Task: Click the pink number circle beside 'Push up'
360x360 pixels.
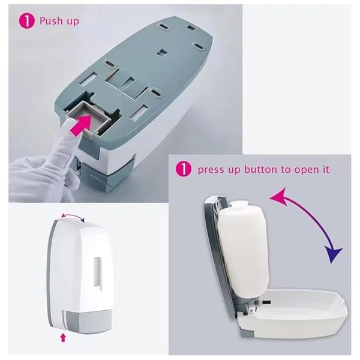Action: click(x=26, y=21)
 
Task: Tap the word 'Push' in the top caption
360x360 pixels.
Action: click(x=51, y=21)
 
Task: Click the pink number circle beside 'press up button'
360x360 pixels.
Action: click(x=184, y=169)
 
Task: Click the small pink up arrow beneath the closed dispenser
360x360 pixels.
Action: click(x=64, y=338)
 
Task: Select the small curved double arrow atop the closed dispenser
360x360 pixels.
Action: click(x=73, y=215)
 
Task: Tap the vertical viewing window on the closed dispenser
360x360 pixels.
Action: click(x=98, y=272)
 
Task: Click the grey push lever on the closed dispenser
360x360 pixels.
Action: click(x=87, y=321)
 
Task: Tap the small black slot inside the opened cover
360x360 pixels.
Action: click(x=266, y=302)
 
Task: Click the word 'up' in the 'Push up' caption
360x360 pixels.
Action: click(x=73, y=22)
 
